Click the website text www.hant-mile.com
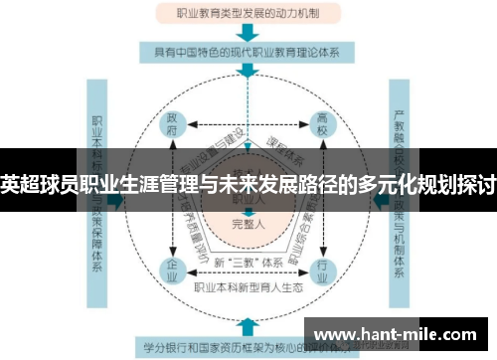398,334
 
